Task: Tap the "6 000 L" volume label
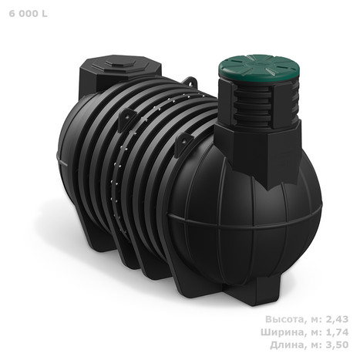tap(29, 14)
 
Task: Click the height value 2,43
tap(337, 319)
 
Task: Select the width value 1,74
tap(337, 332)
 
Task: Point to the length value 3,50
tap(337, 345)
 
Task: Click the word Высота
tap(284, 319)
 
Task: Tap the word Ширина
tap(282, 332)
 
